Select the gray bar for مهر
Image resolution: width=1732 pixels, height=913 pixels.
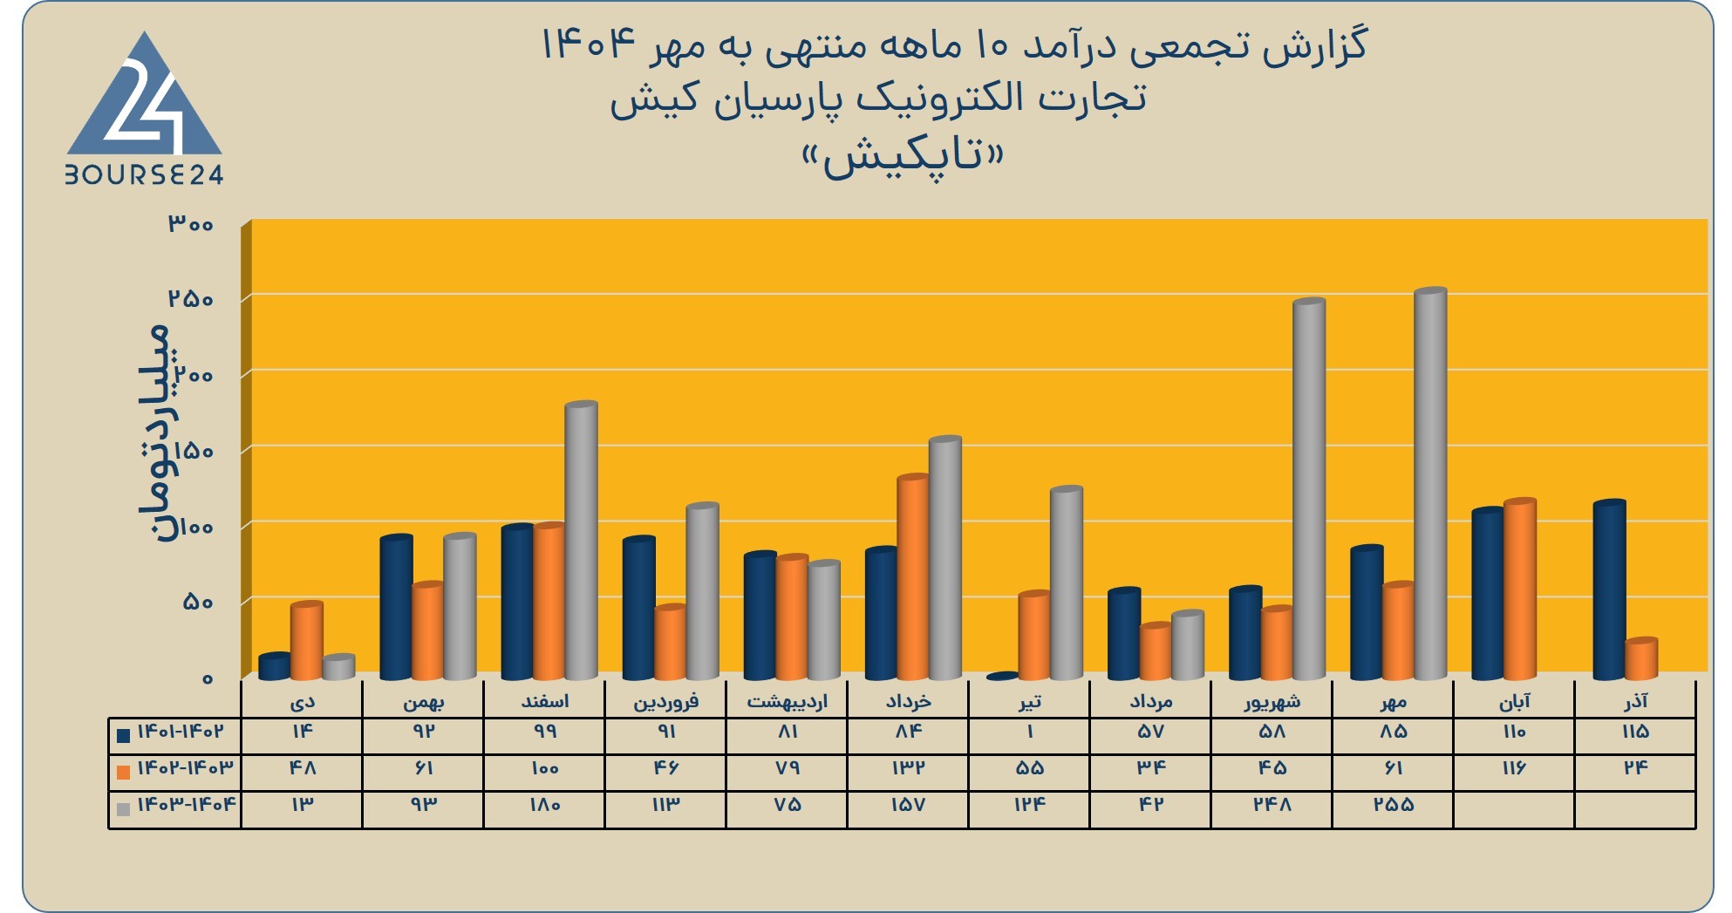pos(1430,484)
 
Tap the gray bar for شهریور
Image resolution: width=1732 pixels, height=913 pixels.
pos(1309,489)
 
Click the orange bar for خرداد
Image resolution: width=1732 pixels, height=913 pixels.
pos(913,577)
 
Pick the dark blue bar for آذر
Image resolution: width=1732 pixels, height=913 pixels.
pos(1609,590)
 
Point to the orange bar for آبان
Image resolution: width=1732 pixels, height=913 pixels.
pos(1519,589)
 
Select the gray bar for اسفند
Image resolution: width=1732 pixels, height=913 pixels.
pos(581,541)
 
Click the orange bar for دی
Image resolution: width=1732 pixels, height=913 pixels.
pos(307,641)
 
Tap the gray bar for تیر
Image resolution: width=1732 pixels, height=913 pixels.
pos(1067,583)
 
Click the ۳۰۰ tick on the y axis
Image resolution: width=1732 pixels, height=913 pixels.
pos(191,224)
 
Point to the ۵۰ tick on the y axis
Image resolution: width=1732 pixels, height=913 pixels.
pos(198,602)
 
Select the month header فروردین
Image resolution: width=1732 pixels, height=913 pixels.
pos(665,700)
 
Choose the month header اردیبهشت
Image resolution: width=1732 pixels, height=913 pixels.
pos(787,700)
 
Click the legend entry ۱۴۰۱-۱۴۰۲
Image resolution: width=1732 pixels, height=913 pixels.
pos(171,732)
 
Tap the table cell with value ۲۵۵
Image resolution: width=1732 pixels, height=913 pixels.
pos(1393,805)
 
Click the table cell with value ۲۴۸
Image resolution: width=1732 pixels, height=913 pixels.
pos(1272,805)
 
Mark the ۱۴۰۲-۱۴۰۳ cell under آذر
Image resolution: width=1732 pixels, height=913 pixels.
pos(1635,768)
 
